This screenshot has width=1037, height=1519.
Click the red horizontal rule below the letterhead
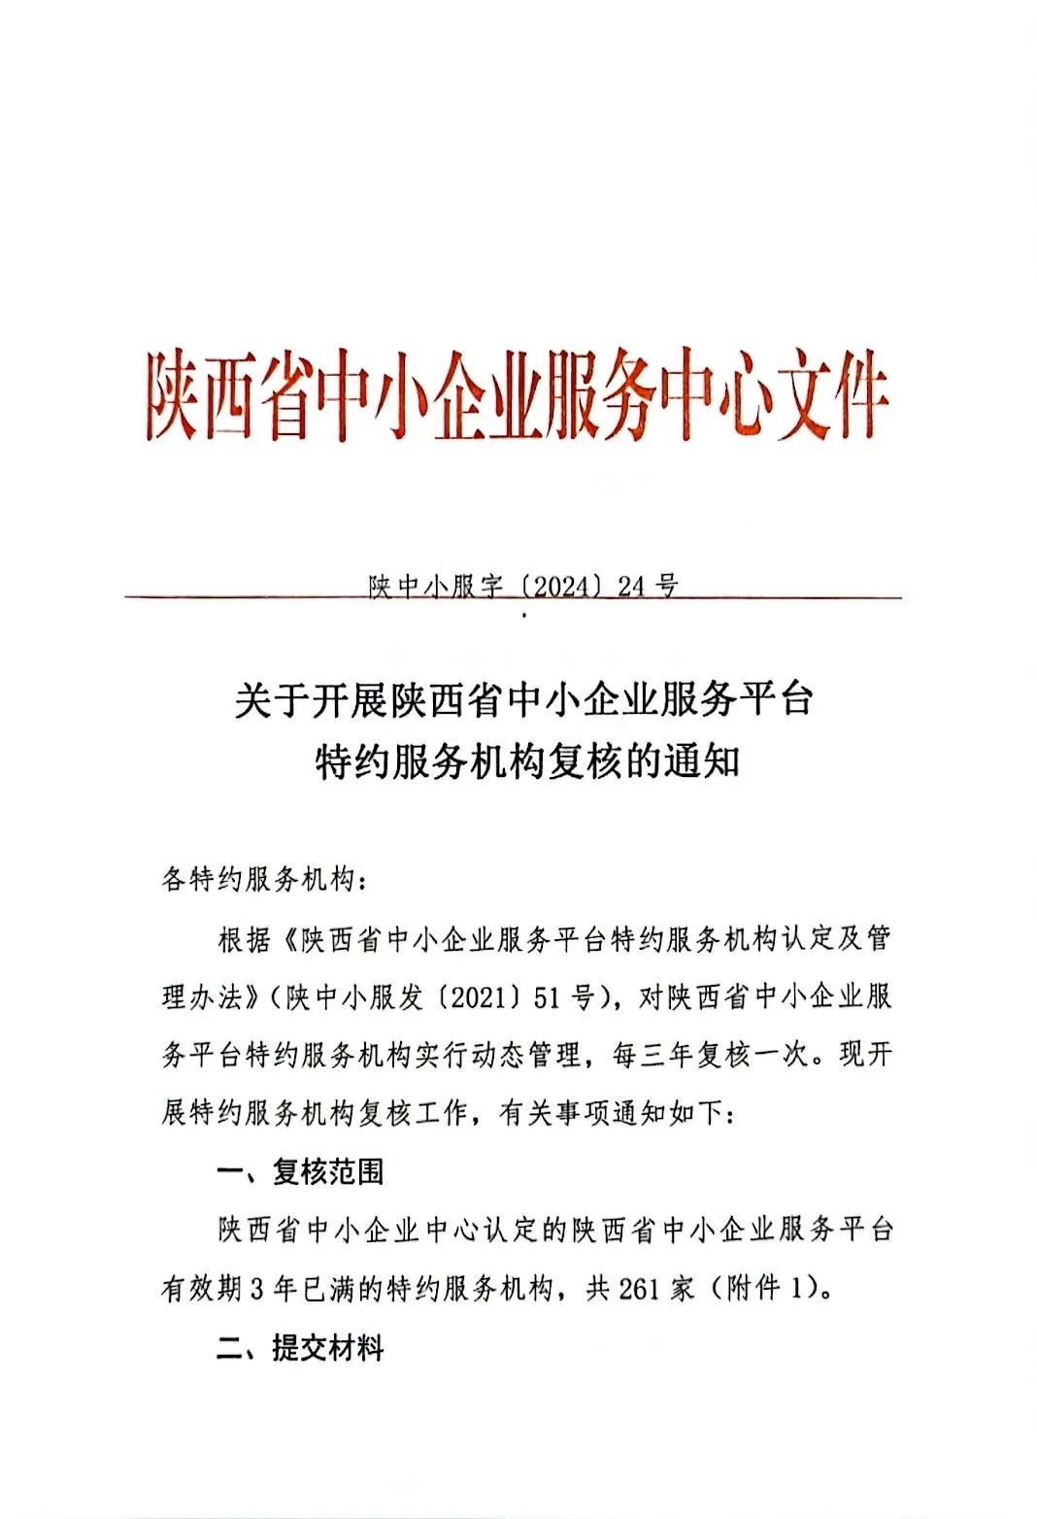point(243,597)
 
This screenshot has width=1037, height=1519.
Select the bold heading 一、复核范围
point(300,1172)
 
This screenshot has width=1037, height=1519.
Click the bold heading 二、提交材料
point(300,1348)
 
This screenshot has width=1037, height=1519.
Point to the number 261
point(638,1289)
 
